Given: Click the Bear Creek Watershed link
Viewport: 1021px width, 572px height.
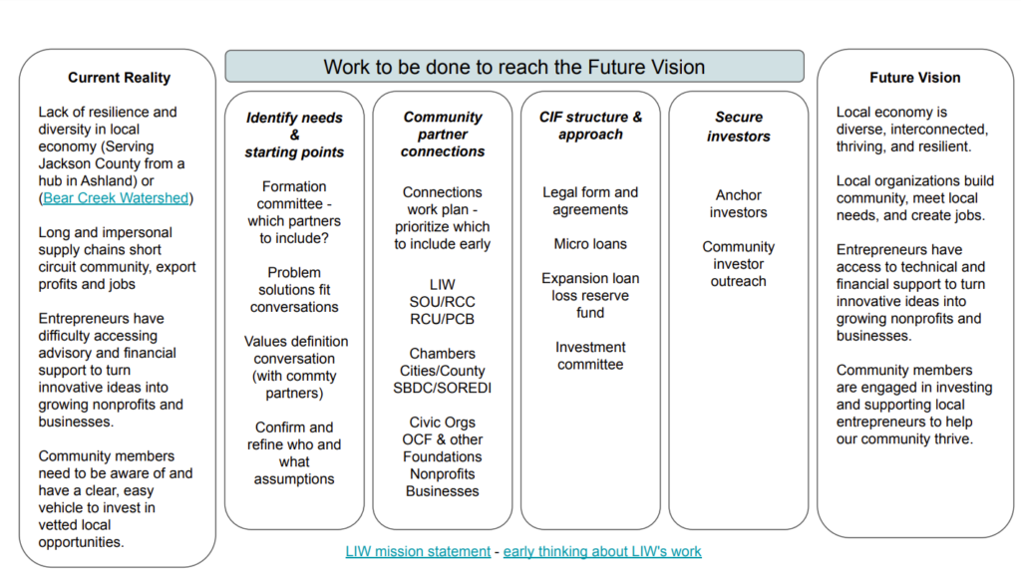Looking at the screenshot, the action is pos(116,198).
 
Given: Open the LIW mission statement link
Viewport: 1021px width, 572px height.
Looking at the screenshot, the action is pos(418,551).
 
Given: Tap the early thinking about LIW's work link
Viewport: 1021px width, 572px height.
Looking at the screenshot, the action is pos(602,551).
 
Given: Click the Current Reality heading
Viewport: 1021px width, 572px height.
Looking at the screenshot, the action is pos(120,78).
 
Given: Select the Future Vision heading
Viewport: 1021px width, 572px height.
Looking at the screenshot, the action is pos(915,78).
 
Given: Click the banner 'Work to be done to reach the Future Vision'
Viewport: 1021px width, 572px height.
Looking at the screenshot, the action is pos(514,67).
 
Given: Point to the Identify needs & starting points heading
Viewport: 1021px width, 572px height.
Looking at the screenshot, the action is pos(294,135).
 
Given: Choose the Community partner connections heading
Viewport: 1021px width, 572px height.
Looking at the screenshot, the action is pos(443,135).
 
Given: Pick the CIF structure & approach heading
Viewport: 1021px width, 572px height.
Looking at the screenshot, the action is pos(590,126).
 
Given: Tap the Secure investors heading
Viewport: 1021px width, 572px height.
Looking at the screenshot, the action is pos(739,127).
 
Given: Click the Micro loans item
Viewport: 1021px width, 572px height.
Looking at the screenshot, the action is pos(590,244).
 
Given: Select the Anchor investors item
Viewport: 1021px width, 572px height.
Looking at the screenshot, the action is pos(739,203).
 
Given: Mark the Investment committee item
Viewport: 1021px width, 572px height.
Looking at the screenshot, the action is pos(590,356).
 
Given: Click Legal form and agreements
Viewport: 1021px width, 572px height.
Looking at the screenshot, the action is pos(590,201).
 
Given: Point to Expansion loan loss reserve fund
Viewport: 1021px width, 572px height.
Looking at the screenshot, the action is pos(590,295).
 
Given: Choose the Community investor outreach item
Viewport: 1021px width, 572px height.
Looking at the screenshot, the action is pos(739,264).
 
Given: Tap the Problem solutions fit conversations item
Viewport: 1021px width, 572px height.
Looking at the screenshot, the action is pos(294,290).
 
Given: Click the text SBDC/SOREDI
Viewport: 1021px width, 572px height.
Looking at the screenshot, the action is pos(442,388).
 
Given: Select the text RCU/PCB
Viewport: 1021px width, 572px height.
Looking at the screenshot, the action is pos(442,319).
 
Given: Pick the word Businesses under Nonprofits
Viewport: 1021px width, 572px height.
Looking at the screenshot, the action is pos(442,491).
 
